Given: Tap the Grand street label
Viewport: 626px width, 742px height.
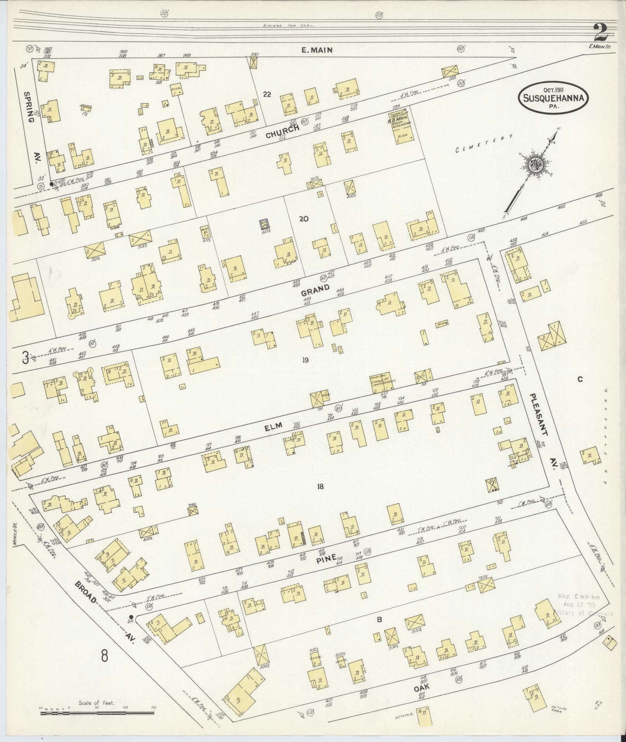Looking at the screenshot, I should pyautogui.click(x=315, y=289).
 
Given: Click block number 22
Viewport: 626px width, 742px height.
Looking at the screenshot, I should pyautogui.click(x=267, y=94).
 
